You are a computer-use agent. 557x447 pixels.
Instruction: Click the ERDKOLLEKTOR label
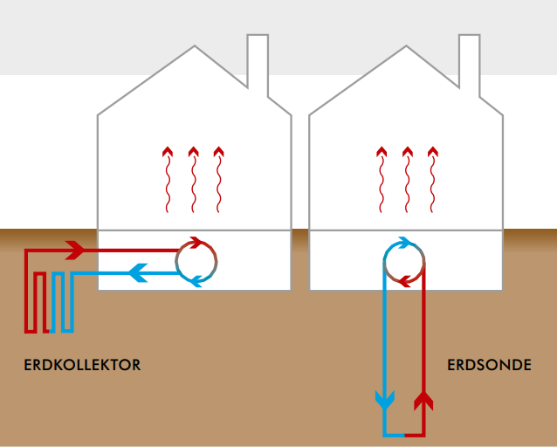tap(82, 365)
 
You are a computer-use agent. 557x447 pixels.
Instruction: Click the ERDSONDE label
tap(489, 365)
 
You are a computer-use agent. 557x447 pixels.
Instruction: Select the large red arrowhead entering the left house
tap(75, 251)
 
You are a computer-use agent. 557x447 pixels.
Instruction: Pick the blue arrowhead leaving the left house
tap(138, 273)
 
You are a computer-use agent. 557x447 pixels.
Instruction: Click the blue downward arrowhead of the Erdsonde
tap(385, 400)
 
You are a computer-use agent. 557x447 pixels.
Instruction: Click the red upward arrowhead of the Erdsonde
tap(423, 401)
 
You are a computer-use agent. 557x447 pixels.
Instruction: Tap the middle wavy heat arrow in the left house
tap(193, 180)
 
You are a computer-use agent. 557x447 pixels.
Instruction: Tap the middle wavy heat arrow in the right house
tap(408, 180)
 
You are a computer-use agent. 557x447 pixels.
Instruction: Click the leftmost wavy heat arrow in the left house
tap(168, 180)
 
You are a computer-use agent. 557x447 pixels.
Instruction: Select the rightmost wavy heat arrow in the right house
tap(433, 180)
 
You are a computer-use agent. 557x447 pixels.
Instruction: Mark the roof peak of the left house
tap(195, 46)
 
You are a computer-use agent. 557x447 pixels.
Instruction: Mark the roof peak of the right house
tap(406, 46)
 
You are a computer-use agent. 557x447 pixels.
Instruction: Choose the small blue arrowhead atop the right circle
tap(405, 243)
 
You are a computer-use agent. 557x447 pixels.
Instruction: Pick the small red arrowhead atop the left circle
tap(196, 243)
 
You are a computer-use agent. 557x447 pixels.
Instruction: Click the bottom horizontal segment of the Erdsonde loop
tap(404, 435)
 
